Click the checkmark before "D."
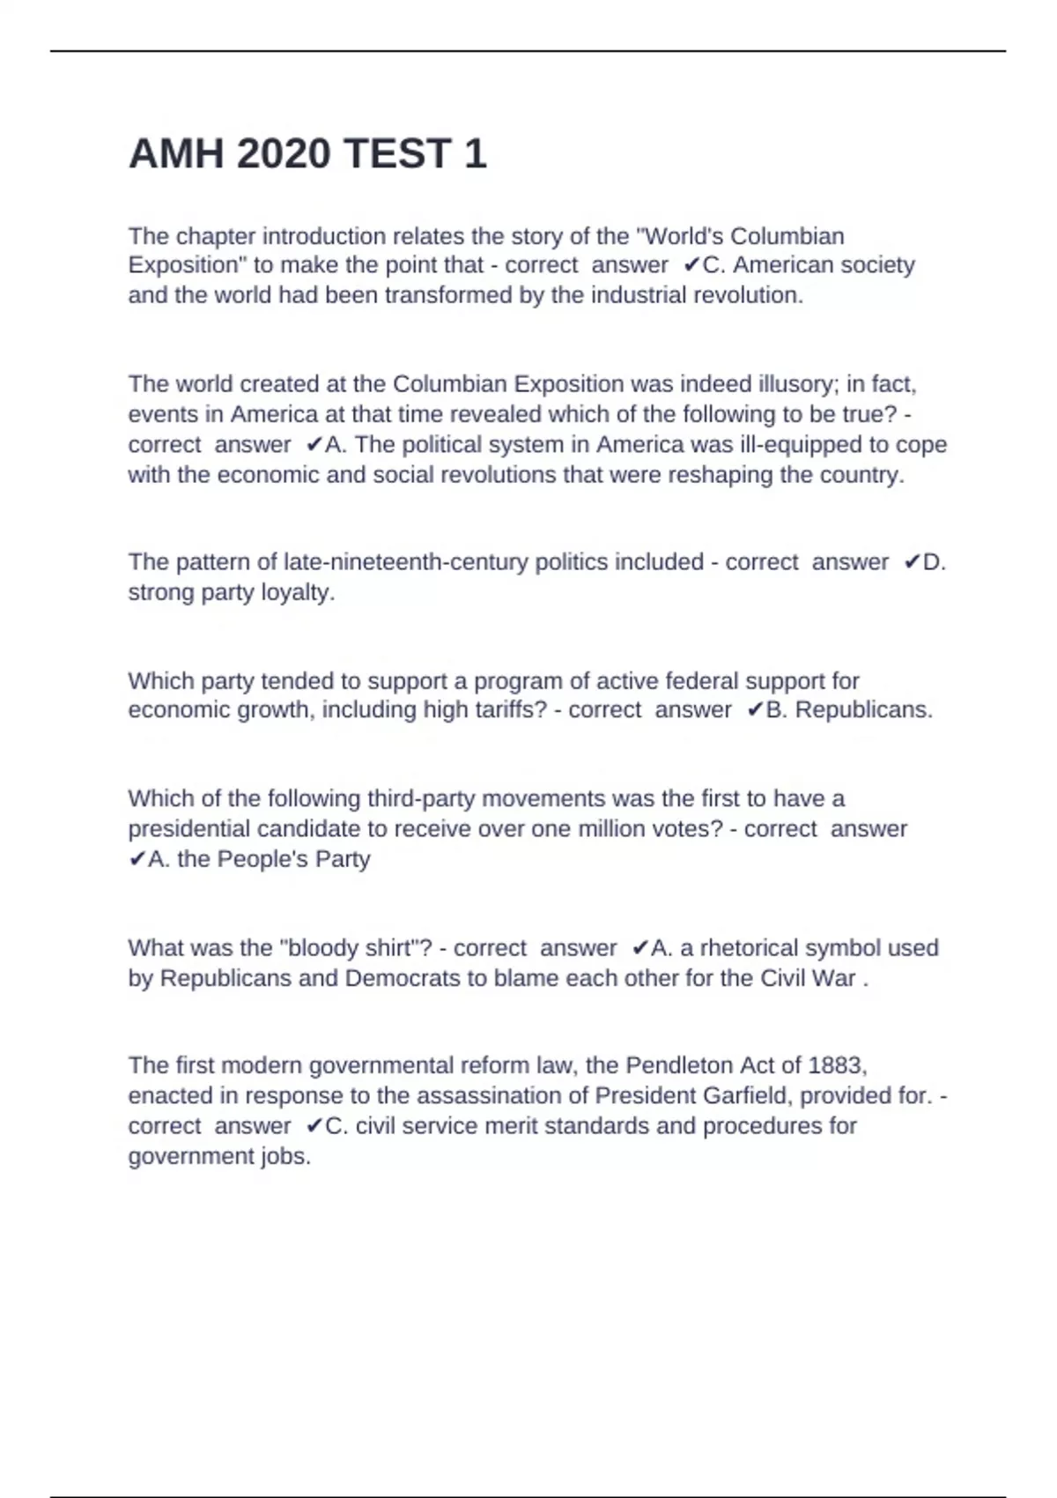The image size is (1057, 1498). coord(912,562)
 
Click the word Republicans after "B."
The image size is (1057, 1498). coord(863,710)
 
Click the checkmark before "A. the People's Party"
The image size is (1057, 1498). coord(137,859)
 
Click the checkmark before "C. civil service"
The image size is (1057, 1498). coord(314,1125)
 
